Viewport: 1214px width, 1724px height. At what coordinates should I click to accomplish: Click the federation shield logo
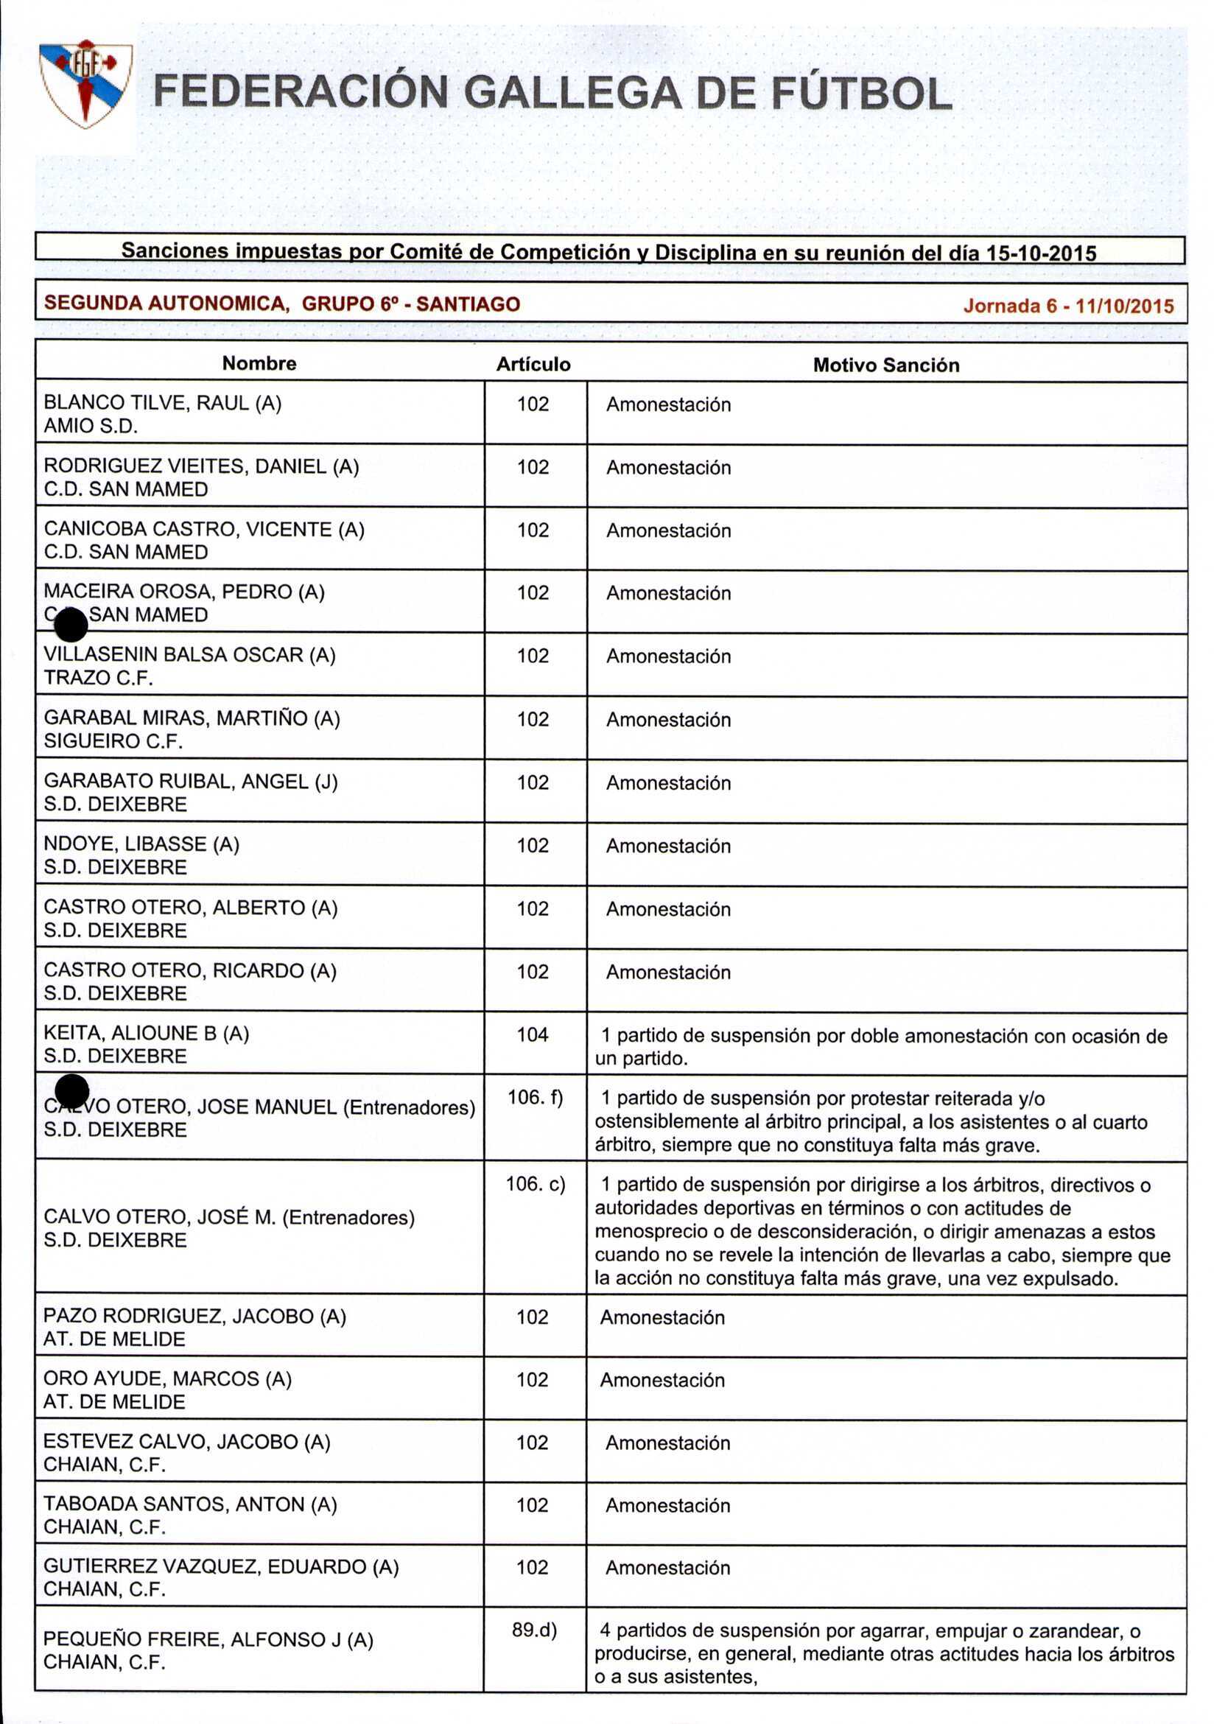tap(85, 83)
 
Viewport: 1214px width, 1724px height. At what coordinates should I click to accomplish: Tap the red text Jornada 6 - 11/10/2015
tap(1067, 306)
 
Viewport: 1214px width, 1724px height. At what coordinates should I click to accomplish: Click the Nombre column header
tap(259, 363)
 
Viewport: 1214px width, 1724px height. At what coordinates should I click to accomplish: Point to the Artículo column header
tap(533, 365)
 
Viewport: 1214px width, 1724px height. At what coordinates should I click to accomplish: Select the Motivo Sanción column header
tap(886, 365)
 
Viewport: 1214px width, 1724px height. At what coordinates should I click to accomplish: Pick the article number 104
tap(533, 1034)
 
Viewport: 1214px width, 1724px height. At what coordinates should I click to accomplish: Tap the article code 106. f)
tap(535, 1097)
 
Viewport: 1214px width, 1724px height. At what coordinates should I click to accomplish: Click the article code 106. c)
tap(535, 1183)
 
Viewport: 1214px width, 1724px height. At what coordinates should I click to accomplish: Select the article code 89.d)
tap(534, 1630)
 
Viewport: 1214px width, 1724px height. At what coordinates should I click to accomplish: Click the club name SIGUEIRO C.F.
tap(113, 741)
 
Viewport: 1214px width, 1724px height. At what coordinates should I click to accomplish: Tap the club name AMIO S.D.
tap(91, 426)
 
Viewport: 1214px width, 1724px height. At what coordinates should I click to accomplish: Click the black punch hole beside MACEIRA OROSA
tap(71, 625)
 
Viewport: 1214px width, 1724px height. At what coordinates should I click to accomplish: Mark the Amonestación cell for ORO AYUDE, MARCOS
tap(662, 1379)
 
